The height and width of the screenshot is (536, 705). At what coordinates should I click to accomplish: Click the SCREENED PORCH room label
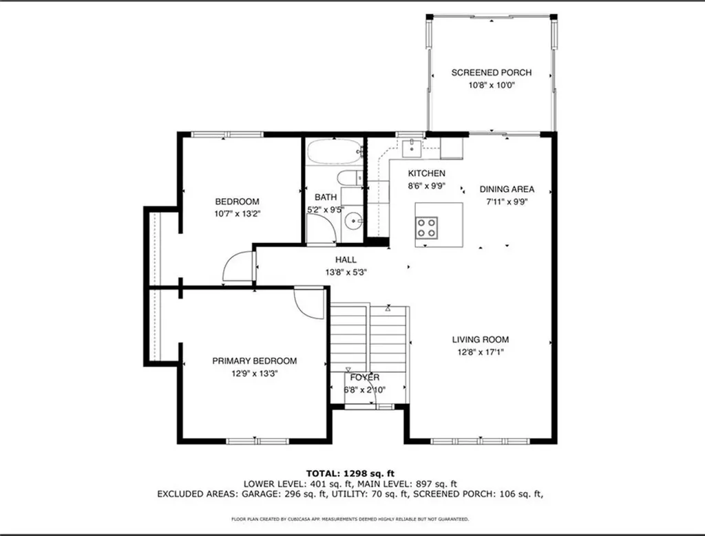click(491, 72)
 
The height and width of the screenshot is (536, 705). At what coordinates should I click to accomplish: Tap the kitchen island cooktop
click(427, 226)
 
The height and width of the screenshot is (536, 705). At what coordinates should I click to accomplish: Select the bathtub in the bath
click(334, 150)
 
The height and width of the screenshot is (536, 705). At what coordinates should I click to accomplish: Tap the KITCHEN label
click(426, 173)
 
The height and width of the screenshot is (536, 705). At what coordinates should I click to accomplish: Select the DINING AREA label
click(507, 189)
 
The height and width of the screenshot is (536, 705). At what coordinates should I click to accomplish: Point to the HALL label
click(346, 259)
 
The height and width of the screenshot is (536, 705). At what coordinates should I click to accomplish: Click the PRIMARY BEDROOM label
click(254, 361)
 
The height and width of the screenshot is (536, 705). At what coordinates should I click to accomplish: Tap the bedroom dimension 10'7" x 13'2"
click(237, 214)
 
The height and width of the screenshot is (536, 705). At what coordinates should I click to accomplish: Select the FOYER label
click(364, 377)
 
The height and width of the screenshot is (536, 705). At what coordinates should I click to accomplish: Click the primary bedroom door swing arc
click(309, 303)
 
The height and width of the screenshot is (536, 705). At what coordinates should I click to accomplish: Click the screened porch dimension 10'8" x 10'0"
click(491, 85)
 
